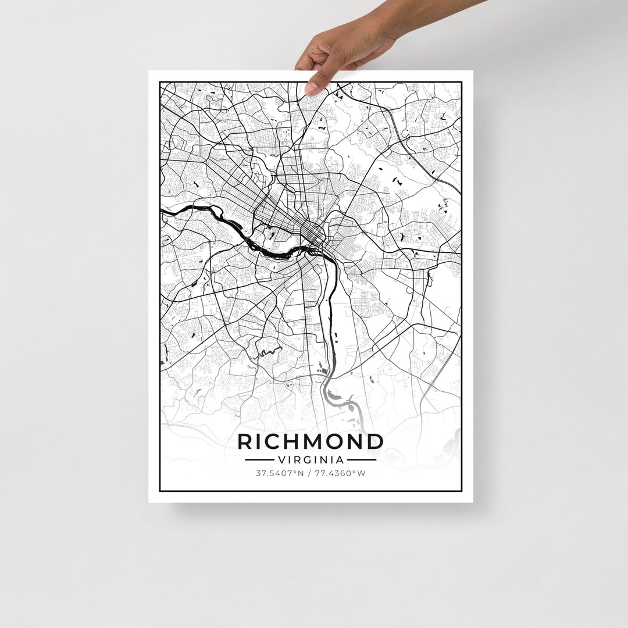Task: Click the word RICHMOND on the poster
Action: click(311, 442)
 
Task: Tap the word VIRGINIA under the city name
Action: click(311, 459)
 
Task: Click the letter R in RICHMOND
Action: click(245, 442)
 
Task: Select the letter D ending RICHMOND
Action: click(376, 442)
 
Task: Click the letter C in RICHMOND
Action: click(268, 442)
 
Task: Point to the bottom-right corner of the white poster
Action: click(473, 502)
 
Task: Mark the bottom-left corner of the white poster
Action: click(149, 502)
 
